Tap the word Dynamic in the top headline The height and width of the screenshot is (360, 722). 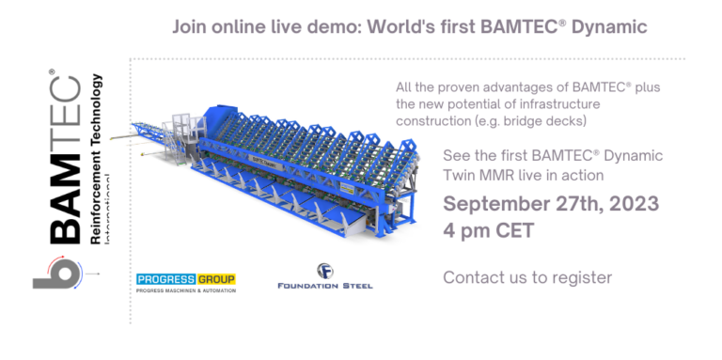pos(605,26)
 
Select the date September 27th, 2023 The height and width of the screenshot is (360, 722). pos(551,204)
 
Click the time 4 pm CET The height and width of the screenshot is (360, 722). pos(489,230)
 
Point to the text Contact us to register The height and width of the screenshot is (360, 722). pos(527,277)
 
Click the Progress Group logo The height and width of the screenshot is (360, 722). pos(185,280)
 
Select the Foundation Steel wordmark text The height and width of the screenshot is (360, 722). pos(325,286)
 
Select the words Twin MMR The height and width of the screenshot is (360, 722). pos(483,175)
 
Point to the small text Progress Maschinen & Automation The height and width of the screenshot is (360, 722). pos(185,290)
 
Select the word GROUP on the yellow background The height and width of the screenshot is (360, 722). pos(214,279)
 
